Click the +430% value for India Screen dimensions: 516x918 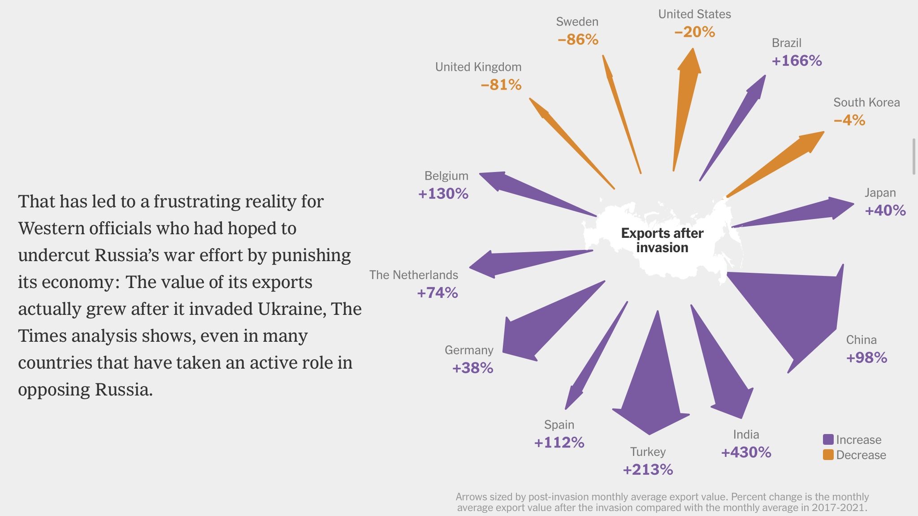(x=746, y=452)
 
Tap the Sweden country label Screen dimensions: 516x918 (x=577, y=21)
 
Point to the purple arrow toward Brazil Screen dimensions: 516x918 (x=740, y=121)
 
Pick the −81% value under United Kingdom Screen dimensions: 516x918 (x=501, y=85)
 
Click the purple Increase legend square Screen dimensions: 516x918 (x=828, y=439)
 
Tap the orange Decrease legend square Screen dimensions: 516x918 (x=828, y=455)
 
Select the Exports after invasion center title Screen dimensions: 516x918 (x=662, y=240)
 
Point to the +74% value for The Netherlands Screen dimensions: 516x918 (x=437, y=293)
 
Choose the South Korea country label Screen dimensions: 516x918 (x=866, y=103)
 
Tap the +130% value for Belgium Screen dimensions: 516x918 (x=443, y=193)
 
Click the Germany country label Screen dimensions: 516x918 (x=469, y=350)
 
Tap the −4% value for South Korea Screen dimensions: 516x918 (x=849, y=120)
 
